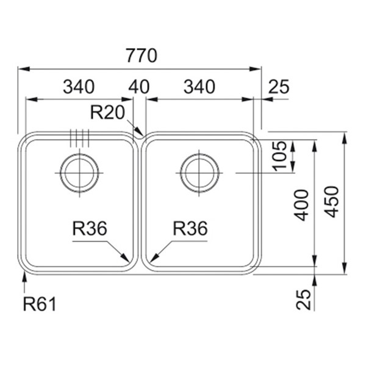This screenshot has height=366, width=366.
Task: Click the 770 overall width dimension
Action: click(x=142, y=56)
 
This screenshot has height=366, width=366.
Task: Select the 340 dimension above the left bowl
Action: click(x=79, y=87)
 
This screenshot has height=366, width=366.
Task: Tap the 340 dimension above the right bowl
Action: click(x=199, y=87)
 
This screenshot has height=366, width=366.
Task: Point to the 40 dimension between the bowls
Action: click(x=139, y=87)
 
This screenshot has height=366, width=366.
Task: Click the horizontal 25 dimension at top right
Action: click(x=279, y=87)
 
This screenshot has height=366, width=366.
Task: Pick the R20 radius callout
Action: click(x=107, y=112)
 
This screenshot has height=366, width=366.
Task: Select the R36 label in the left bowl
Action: click(x=90, y=228)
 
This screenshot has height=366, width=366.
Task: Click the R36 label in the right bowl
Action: click(x=190, y=228)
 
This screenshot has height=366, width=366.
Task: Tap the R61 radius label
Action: click(x=40, y=304)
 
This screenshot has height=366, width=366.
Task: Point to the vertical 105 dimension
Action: click(x=279, y=156)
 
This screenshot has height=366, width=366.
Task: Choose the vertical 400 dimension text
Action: click(x=301, y=205)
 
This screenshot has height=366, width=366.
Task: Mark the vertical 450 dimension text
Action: click(x=331, y=202)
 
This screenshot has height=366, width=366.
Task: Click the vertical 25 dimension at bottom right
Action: click(x=304, y=300)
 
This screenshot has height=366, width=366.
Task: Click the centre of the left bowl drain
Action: click(x=79, y=173)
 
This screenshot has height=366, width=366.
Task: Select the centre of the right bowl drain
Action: click(x=199, y=173)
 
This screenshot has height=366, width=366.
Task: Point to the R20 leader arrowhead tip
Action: click(x=143, y=135)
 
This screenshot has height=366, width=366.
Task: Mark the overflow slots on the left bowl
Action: click(x=79, y=138)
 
